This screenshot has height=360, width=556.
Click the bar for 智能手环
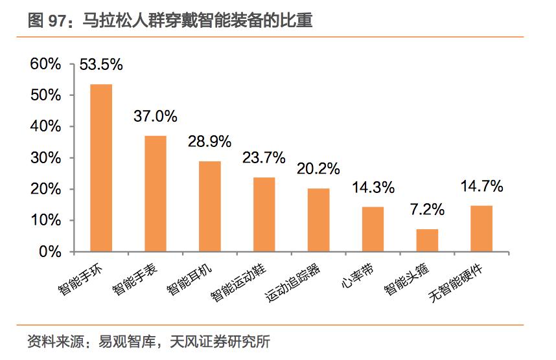coord(101,168)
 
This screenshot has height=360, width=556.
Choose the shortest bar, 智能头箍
coord(427,240)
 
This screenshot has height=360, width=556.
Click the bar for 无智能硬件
coord(481,228)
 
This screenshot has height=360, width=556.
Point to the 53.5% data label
coord(101,65)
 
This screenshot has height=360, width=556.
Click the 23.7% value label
coord(264,157)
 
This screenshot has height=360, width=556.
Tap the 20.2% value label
coord(318,168)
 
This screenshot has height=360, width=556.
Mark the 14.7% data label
coord(481,186)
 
